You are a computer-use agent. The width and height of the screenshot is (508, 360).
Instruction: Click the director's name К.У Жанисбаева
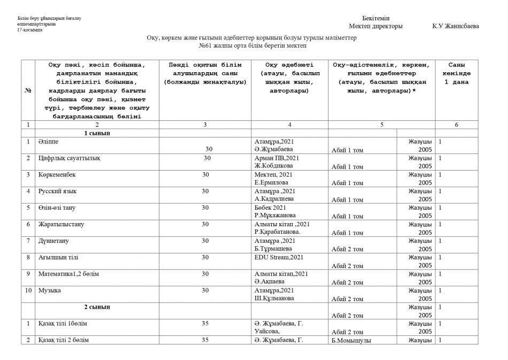click(x=456, y=26)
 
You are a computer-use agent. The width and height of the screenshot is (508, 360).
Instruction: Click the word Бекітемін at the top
click(x=375, y=18)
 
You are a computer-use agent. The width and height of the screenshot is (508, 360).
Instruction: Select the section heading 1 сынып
click(x=97, y=133)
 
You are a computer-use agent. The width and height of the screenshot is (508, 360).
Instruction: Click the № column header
click(x=28, y=90)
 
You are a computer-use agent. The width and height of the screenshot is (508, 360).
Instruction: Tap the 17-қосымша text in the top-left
click(x=29, y=30)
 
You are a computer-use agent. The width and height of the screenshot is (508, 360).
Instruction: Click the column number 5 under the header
click(x=382, y=124)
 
